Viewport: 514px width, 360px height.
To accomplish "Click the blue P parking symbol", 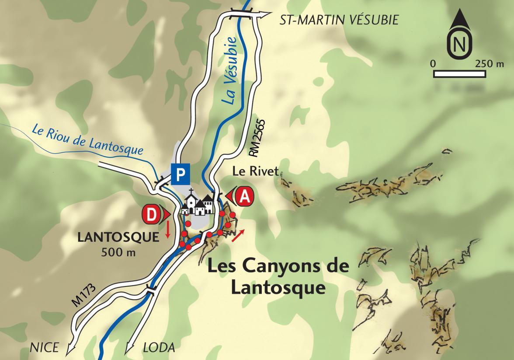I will pyautogui.click(x=181, y=174).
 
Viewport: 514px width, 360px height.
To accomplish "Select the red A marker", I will pyautogui.click(x=244, y=197).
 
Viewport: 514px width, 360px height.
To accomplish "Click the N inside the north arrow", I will pyautogui.click(x=458, y=44).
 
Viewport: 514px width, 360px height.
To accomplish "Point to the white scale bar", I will pyautogui.click(x=459, y=73).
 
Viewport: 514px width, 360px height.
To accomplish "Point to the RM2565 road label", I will pyautogui.click(x=257, y=137).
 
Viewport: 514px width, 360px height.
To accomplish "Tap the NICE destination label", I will pyautogui.click(x=44, y=348).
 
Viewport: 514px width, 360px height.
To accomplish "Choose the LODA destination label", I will pyautogui.click(x=159, y=348).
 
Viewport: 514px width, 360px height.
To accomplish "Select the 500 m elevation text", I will pyautogui.click(x=118, y=252).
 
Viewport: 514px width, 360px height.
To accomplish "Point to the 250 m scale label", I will pyautogui.click(x=490, y=63).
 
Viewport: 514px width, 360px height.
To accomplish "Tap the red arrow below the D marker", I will pyautogui.click(x=167, y=230).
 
